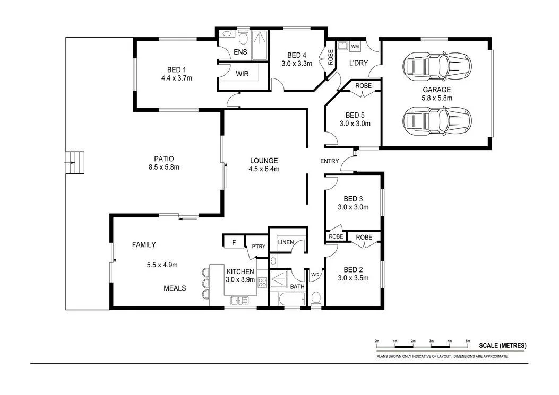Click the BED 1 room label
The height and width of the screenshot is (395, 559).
coord(177,69)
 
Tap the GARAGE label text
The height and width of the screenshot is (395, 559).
coord(436,90)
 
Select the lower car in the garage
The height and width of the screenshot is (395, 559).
coord(436,120)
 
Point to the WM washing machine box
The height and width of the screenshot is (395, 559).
coord(355,47)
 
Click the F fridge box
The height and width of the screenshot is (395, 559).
coord(234,243)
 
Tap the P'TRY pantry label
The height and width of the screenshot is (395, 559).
coord(259,246)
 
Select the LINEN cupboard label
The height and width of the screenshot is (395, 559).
coord(286,242)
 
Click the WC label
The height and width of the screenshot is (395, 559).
coord(314,275)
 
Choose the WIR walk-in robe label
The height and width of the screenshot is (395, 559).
coord(242,74)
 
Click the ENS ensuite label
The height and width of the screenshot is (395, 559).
coord(239,51)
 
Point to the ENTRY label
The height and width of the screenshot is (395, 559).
coord(329,162)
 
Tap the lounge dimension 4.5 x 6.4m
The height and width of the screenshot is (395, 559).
coord(263,169)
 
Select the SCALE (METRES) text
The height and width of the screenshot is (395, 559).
coord(502,345)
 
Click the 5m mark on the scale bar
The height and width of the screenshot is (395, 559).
coord(468,341)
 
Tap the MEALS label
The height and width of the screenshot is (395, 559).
coord(175,288)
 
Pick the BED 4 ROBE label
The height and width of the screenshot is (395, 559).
coord(331,57)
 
